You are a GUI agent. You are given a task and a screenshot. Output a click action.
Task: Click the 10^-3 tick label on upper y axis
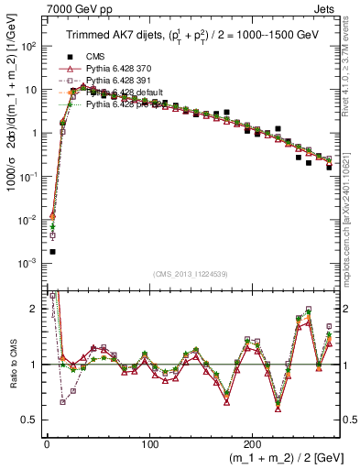[29, 264]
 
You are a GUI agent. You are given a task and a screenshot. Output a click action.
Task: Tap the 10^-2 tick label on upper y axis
[29, 221]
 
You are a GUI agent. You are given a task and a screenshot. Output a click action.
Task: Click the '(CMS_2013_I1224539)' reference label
[192, 274]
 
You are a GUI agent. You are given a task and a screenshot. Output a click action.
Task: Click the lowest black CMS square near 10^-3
[52, 252]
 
